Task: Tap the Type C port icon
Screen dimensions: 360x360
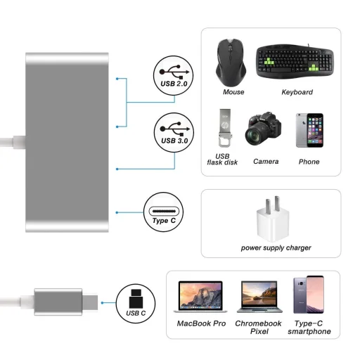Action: (x=164, y=212)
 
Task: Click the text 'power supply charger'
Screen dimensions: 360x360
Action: (x=276, y=247)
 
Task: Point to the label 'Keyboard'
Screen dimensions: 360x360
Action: (x=297, y=92)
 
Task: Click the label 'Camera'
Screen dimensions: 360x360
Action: (x=266, y=162)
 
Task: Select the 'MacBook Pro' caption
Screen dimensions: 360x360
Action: (x=201, y=323)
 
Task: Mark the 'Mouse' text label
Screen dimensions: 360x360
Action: (x=233, y=92)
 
